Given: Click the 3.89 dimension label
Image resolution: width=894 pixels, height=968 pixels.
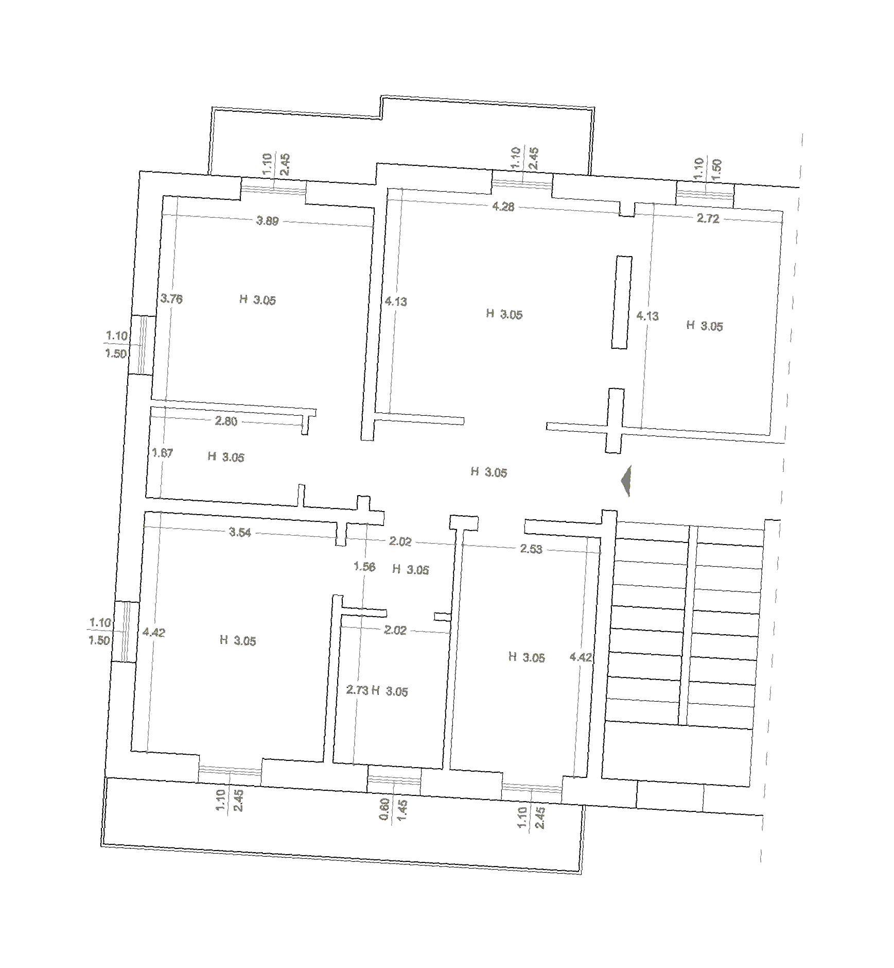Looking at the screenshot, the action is click(x=267, y=221).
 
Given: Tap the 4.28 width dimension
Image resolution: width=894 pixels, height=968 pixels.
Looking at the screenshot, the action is click(x=503, y=207).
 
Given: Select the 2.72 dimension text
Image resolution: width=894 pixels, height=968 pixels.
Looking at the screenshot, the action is click(x=708, y=218).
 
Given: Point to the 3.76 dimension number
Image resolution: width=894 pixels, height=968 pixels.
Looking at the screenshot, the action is click(x=171, y=299).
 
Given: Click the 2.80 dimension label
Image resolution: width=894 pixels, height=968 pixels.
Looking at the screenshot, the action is click(x=226, y=421).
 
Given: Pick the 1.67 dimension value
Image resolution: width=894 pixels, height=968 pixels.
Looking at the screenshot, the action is click(x=162, y=453).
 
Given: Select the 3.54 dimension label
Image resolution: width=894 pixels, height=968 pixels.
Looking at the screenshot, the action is click(x=240, y=532).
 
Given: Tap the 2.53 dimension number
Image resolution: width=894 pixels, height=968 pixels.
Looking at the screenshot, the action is click(x=531, y=549).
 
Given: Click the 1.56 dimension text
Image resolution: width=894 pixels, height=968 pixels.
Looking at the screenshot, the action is click(x=364, y=567).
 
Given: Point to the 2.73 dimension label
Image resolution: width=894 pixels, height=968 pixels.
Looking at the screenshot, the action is click(x=357, y=690).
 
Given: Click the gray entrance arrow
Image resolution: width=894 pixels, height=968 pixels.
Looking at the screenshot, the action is click(x=626, y=481).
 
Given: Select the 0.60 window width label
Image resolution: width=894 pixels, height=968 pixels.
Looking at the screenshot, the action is click(x=384, y=809).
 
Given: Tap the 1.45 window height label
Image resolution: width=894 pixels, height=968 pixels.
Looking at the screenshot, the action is click(x=402, y=810).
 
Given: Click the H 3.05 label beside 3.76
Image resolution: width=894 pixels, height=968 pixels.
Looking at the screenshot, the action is click(x=257, y=300).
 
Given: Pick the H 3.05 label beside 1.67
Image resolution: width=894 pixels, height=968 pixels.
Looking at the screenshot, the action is click(x=226, y=457).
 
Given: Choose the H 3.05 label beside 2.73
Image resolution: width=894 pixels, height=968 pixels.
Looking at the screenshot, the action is click(x=390, y=691).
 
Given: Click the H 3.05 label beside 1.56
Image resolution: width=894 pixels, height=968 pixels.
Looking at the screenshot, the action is click(x=411, y=569).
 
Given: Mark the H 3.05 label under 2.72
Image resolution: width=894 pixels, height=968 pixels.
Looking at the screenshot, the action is click(x=705, y=326).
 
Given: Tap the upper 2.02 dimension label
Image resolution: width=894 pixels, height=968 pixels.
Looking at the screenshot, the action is click(x=400, y=541).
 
